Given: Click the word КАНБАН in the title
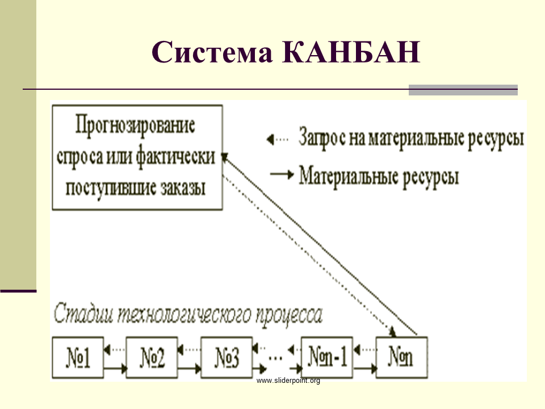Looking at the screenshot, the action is (351, 52).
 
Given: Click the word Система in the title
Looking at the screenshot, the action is (212, 52).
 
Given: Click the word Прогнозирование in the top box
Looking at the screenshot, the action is (135, 126).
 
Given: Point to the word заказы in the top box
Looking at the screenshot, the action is (183, 188).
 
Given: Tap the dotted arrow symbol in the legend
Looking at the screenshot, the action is (278, 140).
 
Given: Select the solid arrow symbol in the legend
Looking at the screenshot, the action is (282, 174).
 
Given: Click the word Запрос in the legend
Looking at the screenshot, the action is (322, 138).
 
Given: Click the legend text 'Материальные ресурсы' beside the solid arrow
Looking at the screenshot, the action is (379, 177).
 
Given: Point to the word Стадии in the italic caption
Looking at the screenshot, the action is (83, 313).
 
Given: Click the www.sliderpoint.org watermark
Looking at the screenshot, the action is (288, 381).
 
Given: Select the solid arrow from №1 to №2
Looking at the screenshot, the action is (115, 368).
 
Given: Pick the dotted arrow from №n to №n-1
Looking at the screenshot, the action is (364, 349).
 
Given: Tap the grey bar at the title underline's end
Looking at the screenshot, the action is (463, 90).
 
